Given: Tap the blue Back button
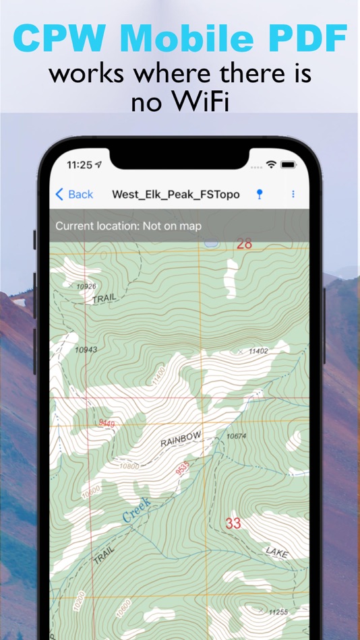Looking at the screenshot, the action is [x=74, y=195].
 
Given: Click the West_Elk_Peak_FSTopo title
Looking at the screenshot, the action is [x=175, y=195].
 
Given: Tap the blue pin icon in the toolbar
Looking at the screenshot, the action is [x=260, y=194].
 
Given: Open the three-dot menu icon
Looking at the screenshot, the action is [x=293, y=194].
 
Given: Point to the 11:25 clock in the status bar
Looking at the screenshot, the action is [x=80, y=164].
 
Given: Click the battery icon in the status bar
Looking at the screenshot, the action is [x=289, y=164].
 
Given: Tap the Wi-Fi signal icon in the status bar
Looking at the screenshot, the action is [x=272, y=164].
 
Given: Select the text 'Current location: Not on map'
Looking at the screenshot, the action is [x=128, y=226].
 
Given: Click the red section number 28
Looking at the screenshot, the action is [x=244, y=244].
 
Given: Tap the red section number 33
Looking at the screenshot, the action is [x=233, y=523].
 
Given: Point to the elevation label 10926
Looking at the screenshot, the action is [x=86, y=286].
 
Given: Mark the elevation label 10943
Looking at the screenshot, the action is [x=86, y=350].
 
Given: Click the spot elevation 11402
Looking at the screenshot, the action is [x=258, y=351].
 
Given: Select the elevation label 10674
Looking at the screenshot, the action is [x=236, y=437].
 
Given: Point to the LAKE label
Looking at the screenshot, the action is [x=276, y=552].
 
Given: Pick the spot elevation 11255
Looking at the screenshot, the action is [x=278, y=612].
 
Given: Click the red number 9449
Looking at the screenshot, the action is [x=107, y=423].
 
